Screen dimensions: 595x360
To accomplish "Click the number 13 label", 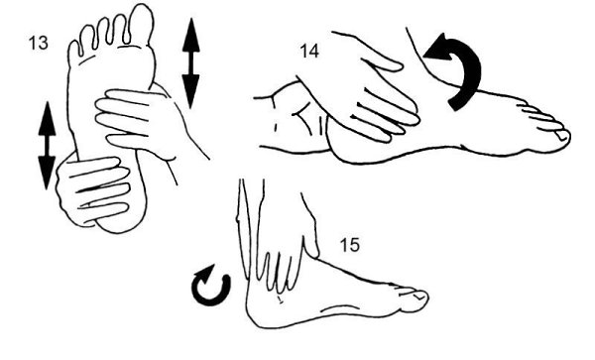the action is click(x=39, y=43).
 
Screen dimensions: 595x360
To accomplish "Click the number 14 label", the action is click(x=309, y=51).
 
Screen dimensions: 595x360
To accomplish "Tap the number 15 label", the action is click(x=349, y=245).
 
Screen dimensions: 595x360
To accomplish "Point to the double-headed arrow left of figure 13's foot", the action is click(x=47, y=146).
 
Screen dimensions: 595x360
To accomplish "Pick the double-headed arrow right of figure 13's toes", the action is click(x=190, y=63).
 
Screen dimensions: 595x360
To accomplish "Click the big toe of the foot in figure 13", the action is click(x=141, y=24).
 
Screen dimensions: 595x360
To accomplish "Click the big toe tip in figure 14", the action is click(x=564, y=136).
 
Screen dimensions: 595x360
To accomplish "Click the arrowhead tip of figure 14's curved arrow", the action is click(x=423, y=58).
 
